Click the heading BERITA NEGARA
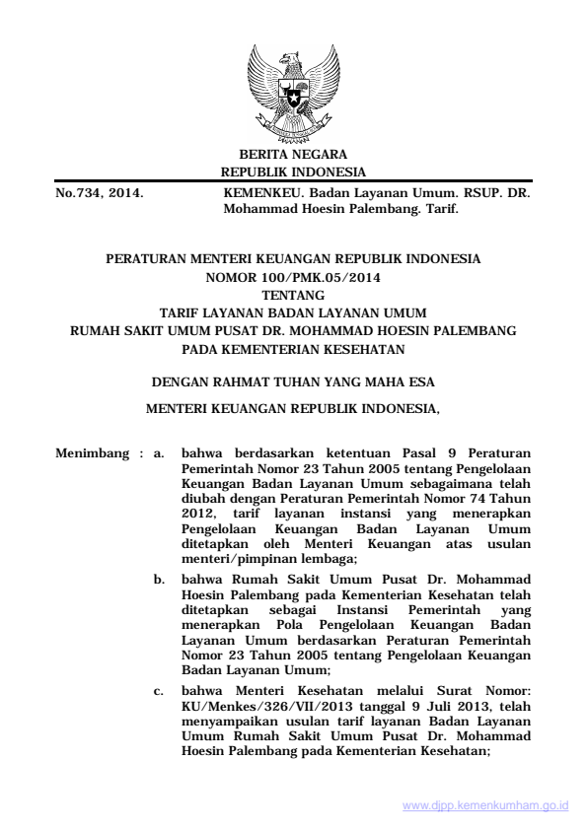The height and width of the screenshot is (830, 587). pyautogui.click(x=293, y=156)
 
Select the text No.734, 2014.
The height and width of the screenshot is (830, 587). pyautogui.click(x=99, y=194)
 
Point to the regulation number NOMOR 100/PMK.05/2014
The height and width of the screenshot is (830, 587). pyautogui.click(x=293, y=278)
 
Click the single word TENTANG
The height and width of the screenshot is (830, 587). pyautogui.click(x=293, y=295)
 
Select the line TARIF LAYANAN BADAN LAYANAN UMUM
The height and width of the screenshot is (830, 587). pyautogui.click(x=293, y=312)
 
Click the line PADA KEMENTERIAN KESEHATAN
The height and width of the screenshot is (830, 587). pyautogui.click(x=293, y=347)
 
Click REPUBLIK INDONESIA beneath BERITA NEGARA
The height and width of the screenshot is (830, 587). pyautogui.click(x=293, y=173)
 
